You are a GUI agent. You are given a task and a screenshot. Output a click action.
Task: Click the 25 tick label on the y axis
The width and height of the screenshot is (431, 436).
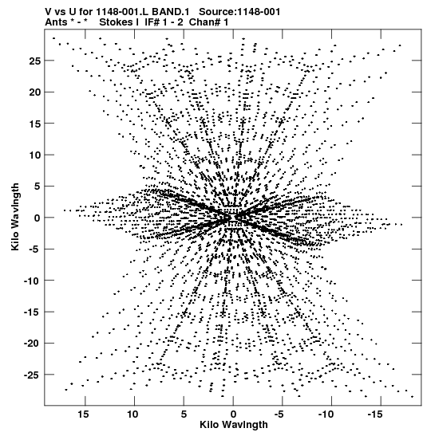point(35,61)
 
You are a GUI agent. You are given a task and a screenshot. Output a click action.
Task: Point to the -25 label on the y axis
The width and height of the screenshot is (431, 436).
point(33,375)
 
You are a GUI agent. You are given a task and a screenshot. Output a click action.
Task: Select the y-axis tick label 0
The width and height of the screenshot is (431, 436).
point(38,218)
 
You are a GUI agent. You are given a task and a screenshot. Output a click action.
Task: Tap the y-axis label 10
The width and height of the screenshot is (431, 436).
point(35,155)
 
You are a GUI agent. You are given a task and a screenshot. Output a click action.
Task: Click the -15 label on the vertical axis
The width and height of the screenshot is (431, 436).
point(33,312)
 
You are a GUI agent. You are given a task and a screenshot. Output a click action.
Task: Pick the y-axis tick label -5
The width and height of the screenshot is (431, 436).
point(35,249)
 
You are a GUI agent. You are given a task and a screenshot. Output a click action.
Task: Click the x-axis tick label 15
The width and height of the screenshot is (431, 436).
point(83,414)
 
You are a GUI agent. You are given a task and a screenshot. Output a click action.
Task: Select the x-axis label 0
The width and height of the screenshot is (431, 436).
point(233,414)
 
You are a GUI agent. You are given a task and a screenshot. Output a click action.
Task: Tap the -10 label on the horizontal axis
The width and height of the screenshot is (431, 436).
point(326,414)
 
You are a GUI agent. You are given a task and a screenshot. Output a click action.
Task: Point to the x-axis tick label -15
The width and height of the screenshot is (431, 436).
point(375,414)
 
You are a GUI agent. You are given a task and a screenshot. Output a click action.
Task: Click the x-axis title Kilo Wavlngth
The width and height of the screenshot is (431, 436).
point(234,425)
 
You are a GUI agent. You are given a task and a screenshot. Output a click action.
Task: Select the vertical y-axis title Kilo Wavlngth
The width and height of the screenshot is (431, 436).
point(15,217)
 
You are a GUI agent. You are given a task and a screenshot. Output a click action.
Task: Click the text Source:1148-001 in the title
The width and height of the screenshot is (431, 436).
point(239,12)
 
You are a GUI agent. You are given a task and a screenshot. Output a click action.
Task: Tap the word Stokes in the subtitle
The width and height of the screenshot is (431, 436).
point(116,22)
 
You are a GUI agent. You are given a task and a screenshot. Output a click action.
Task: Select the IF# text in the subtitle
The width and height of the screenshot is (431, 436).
point(152,22)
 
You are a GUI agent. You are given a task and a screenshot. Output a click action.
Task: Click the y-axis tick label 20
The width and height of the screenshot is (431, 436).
point(35,92)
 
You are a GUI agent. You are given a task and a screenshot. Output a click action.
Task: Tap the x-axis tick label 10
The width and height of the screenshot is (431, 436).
point(132,414)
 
